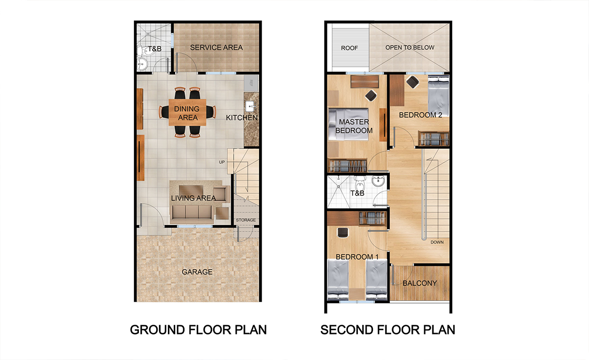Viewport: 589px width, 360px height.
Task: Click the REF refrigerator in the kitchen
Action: [251, 83]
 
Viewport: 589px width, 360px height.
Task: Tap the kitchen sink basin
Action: [250, 106]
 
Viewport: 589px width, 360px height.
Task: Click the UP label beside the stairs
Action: [222, 162]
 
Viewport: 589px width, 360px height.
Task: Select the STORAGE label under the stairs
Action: [245, 220]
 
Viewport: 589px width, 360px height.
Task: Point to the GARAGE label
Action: [197, 272]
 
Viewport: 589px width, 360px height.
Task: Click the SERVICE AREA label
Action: [216, 48]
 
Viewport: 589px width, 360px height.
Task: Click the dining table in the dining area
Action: [187, 112]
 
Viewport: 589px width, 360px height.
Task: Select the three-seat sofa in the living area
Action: [192, 212]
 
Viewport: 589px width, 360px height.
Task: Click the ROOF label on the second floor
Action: [349, 48]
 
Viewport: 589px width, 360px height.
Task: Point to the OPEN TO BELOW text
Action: [410, 48]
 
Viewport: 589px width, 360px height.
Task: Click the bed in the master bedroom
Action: [348, 124]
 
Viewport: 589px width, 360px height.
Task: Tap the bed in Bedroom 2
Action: [438, 96]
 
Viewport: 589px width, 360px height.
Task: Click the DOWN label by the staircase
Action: [437, 242]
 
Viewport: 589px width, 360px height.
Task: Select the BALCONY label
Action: [420, 283]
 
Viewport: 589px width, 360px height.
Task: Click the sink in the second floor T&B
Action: [378, 181]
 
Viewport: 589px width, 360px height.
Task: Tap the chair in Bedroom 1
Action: [343, 233]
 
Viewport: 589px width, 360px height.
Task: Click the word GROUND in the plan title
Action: [154, 330]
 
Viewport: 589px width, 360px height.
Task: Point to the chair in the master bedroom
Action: [371, 95]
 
